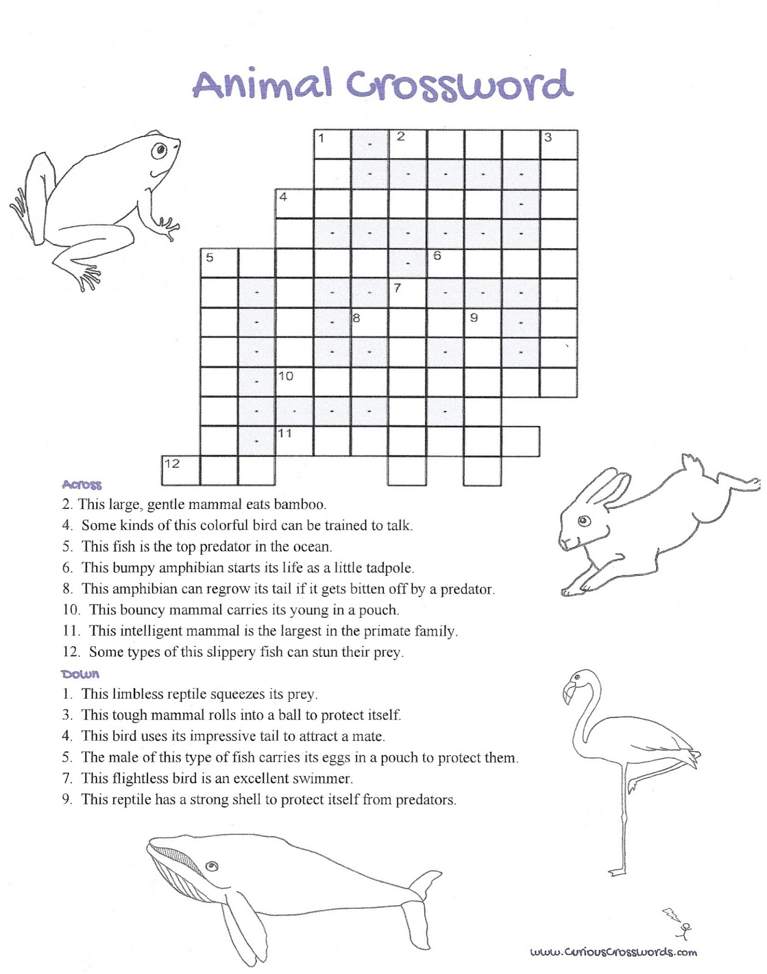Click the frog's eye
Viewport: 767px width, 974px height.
(160, 149)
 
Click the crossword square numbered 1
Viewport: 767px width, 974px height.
(332, 144)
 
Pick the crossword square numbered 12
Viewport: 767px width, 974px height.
(180, 471)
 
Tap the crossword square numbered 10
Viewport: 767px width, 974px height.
(295, 382)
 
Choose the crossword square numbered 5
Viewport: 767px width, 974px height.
(219, 264)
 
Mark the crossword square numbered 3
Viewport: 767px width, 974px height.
(559, 144)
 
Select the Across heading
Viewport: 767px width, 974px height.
(82, 485)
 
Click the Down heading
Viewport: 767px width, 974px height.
(80, 674)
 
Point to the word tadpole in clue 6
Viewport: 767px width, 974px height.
(390, 568)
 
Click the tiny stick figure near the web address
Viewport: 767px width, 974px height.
(686, 929)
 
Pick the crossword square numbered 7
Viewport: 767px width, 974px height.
(408, 293)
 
